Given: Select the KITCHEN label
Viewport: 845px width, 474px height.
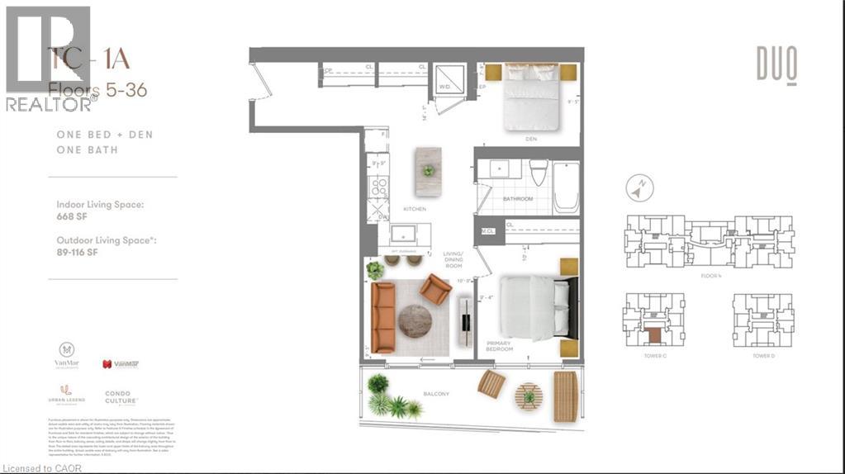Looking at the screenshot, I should point(415,209).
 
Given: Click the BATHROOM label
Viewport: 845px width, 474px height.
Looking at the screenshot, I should point(518,199).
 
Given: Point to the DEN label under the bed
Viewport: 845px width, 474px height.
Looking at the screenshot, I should point(531,139).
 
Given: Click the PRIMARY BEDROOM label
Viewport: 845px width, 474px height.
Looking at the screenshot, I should point(499,346).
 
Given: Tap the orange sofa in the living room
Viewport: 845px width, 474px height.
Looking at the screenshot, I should point(383,317).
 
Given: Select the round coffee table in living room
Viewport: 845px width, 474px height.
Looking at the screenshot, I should point(415,321).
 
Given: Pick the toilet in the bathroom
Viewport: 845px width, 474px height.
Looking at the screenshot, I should point(537,173).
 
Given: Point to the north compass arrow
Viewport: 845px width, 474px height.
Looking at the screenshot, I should point(635,189).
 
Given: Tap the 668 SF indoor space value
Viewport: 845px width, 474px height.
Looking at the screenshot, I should point(72,216).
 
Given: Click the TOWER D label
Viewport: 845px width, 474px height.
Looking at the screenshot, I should point(762,355).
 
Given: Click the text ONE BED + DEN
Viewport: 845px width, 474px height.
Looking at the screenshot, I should point(105,134).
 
